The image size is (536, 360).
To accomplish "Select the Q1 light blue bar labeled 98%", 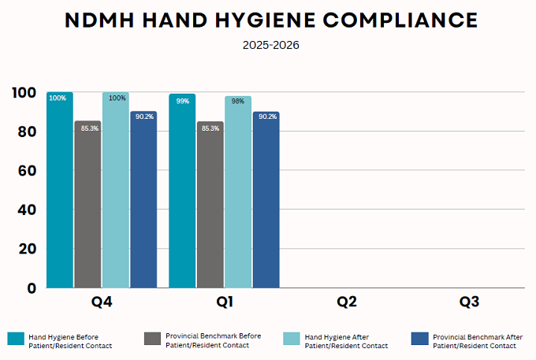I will (238, 192).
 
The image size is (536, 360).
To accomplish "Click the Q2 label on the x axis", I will (348, 302).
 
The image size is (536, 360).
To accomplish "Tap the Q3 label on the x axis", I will (470, 302).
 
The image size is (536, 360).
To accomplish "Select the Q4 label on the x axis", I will (102, 302).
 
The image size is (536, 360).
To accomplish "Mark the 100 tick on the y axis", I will (24, 92).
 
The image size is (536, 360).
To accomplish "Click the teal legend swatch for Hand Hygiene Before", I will (17, 340).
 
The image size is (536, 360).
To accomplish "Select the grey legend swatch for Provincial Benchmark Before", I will (153, 340).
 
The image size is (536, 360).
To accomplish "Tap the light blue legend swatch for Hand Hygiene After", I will (290, 340).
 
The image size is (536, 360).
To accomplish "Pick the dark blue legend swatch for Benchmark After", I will (420, 340).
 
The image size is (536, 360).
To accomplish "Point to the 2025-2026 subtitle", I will (270, 45).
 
